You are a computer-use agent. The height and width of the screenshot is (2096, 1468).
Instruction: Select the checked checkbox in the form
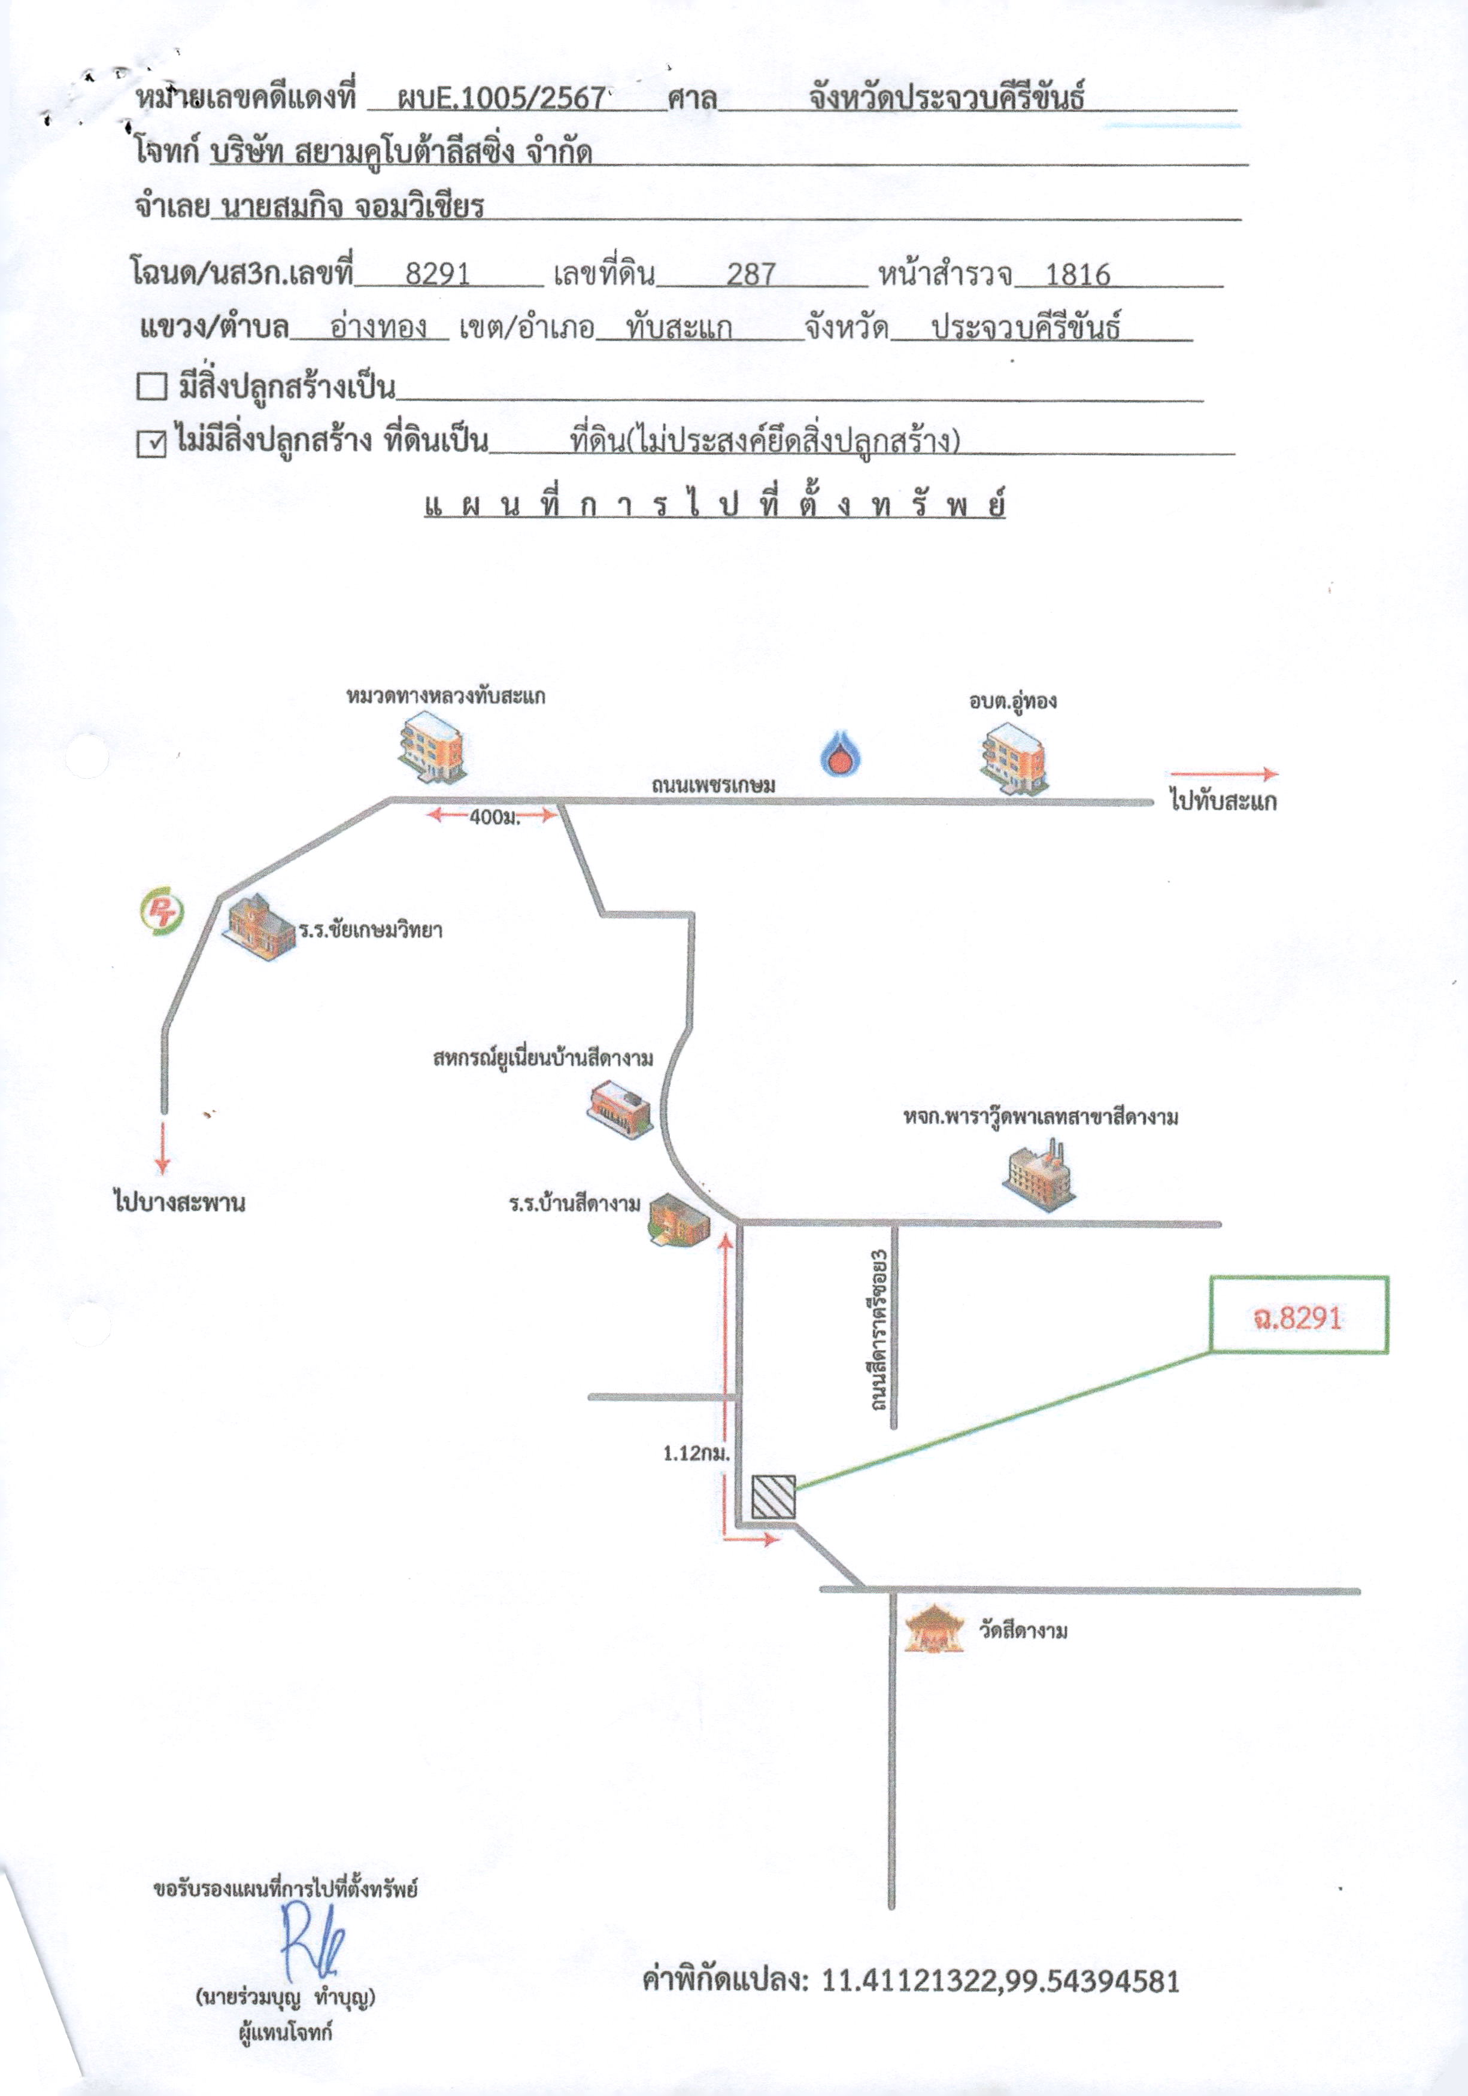(151, 443)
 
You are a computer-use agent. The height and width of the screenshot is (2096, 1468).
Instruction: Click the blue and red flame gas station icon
(842, 753)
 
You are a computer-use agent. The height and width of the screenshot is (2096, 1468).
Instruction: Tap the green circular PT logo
(162, 912)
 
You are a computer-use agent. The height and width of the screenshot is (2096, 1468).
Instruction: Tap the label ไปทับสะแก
(1223, 803)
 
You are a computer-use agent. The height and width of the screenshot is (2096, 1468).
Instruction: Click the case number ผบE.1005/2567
(501, 98)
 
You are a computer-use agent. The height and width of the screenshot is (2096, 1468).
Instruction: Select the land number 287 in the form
(751, 274)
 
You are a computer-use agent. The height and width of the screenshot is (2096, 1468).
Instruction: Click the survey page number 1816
(1077, 274)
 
